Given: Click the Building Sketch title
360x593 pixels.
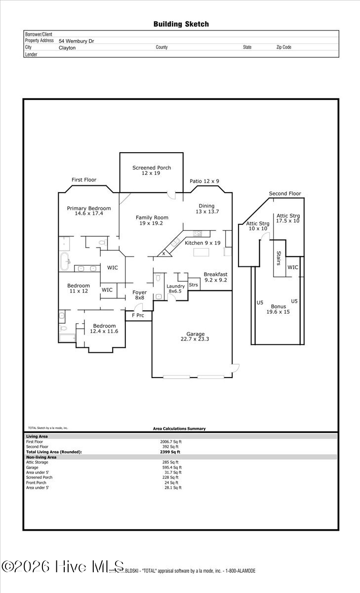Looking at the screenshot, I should click(x=181, y=24).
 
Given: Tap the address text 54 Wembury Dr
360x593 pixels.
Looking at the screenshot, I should click(x=76, y=41).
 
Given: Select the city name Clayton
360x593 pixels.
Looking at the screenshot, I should click(x=67, y=48).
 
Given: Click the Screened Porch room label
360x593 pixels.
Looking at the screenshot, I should click(x=152, y=170).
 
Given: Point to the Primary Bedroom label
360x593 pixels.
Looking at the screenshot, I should click(x=89, y=211).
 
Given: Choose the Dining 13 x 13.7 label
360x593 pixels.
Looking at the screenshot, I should click(x=206, y=209).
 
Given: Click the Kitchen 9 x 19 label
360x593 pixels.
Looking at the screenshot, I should click(x=202, y=243).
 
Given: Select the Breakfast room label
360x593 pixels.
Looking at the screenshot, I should click(x=215, y=277).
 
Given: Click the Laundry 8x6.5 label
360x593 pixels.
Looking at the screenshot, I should click(x=175, y=289).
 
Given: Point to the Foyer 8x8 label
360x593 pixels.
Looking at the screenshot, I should click(x=140, y=295).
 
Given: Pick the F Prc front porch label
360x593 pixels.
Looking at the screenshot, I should click(x=138, y=315).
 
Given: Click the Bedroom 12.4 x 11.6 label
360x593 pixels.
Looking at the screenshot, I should click(x=104, y=329).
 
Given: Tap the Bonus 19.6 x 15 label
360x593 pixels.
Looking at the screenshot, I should click(x=278, y=309).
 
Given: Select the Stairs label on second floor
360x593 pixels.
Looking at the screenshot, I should click(x=279, y=258).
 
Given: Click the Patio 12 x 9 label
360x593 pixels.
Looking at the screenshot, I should click(x=204, y=181).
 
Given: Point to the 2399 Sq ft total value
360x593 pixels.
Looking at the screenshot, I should click(x=170, y=452).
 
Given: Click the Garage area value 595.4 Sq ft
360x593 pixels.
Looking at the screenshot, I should click(x=172, y=467).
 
